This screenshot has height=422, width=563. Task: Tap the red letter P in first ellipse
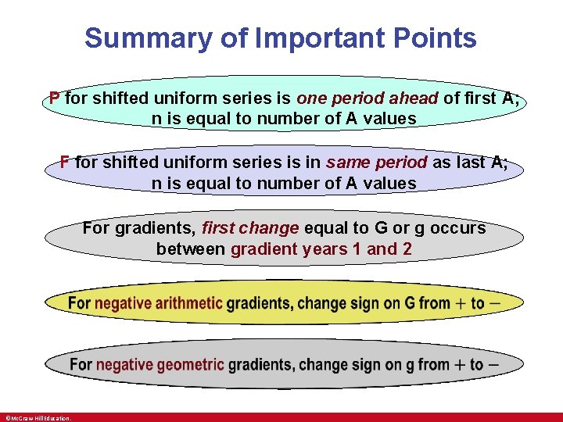pos(54,98)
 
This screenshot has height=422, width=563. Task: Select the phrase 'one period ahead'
pos(368,98)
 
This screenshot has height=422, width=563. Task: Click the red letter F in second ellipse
pos(65,163)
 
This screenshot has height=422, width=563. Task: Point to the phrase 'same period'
pos(377,163)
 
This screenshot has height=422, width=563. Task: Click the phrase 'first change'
pos(250,228)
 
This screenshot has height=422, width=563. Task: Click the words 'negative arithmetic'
pos(159,303)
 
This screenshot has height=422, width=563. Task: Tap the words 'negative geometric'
pos(160,365)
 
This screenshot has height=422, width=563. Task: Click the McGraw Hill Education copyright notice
pos(38,418)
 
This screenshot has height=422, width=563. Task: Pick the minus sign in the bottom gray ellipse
pos(494,364)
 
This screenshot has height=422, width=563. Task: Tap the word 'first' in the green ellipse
pos(481,98)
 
